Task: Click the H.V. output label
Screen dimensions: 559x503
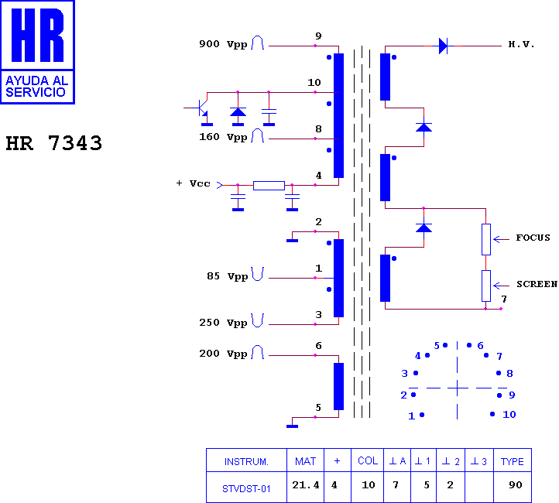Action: pos(521,45)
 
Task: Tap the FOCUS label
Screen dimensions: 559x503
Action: pos(533,238)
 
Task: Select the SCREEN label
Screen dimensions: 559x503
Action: pos(537,284)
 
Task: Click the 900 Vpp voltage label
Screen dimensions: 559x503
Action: pos(223,44)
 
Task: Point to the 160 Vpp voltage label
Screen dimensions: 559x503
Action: pos(223,137)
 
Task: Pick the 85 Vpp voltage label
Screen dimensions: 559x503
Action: pos(228,276)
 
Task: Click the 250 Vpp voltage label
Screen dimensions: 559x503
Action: pos(223,323)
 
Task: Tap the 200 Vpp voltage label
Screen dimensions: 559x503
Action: pos(223,354)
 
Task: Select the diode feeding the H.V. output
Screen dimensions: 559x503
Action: pos(443,46)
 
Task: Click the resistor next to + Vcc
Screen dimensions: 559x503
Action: pos(269,185)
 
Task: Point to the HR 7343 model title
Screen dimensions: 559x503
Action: pos(54,143)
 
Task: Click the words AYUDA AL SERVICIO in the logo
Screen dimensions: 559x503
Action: pos(36,87)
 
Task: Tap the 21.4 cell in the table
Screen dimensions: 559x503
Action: pos(306,485)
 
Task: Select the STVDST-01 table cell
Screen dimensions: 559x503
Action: pos(246,489)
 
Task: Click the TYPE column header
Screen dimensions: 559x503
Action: pos(513,462)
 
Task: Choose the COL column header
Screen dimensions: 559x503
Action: pos(368,461)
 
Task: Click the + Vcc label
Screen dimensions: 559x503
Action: pos(193,183)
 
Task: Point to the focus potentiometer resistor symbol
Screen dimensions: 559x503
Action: pos(486,239)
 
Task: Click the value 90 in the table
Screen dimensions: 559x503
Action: pos(516,485)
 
